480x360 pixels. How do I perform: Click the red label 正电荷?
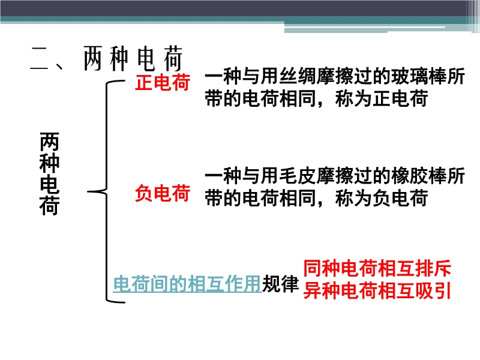pos(163,82)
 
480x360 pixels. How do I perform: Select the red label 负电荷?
pos(163,193)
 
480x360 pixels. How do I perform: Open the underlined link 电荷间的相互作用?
pos(187,283)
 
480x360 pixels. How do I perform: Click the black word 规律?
pos(280,283)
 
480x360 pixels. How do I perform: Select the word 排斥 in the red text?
pos(433,268)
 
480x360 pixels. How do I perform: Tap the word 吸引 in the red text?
pos(433,290)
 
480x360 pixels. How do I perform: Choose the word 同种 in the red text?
pos(322,268)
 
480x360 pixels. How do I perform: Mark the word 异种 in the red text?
pos(322,290)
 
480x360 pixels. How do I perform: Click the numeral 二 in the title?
pos(40,58)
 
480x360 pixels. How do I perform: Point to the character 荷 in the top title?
pos(173,58)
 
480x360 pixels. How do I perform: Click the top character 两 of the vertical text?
pos(49,142)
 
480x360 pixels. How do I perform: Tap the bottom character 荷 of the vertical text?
pos(49,206)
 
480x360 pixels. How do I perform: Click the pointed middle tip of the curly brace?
pos(88,192)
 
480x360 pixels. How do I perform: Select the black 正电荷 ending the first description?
pos(400,98)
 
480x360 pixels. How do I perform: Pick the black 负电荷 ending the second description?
pos(400,198)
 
